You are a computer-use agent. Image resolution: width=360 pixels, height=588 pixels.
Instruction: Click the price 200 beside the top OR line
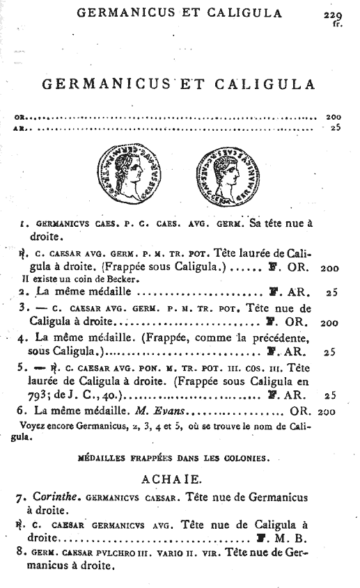point(332,117)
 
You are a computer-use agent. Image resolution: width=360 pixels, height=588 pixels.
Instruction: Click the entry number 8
point(20,553)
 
